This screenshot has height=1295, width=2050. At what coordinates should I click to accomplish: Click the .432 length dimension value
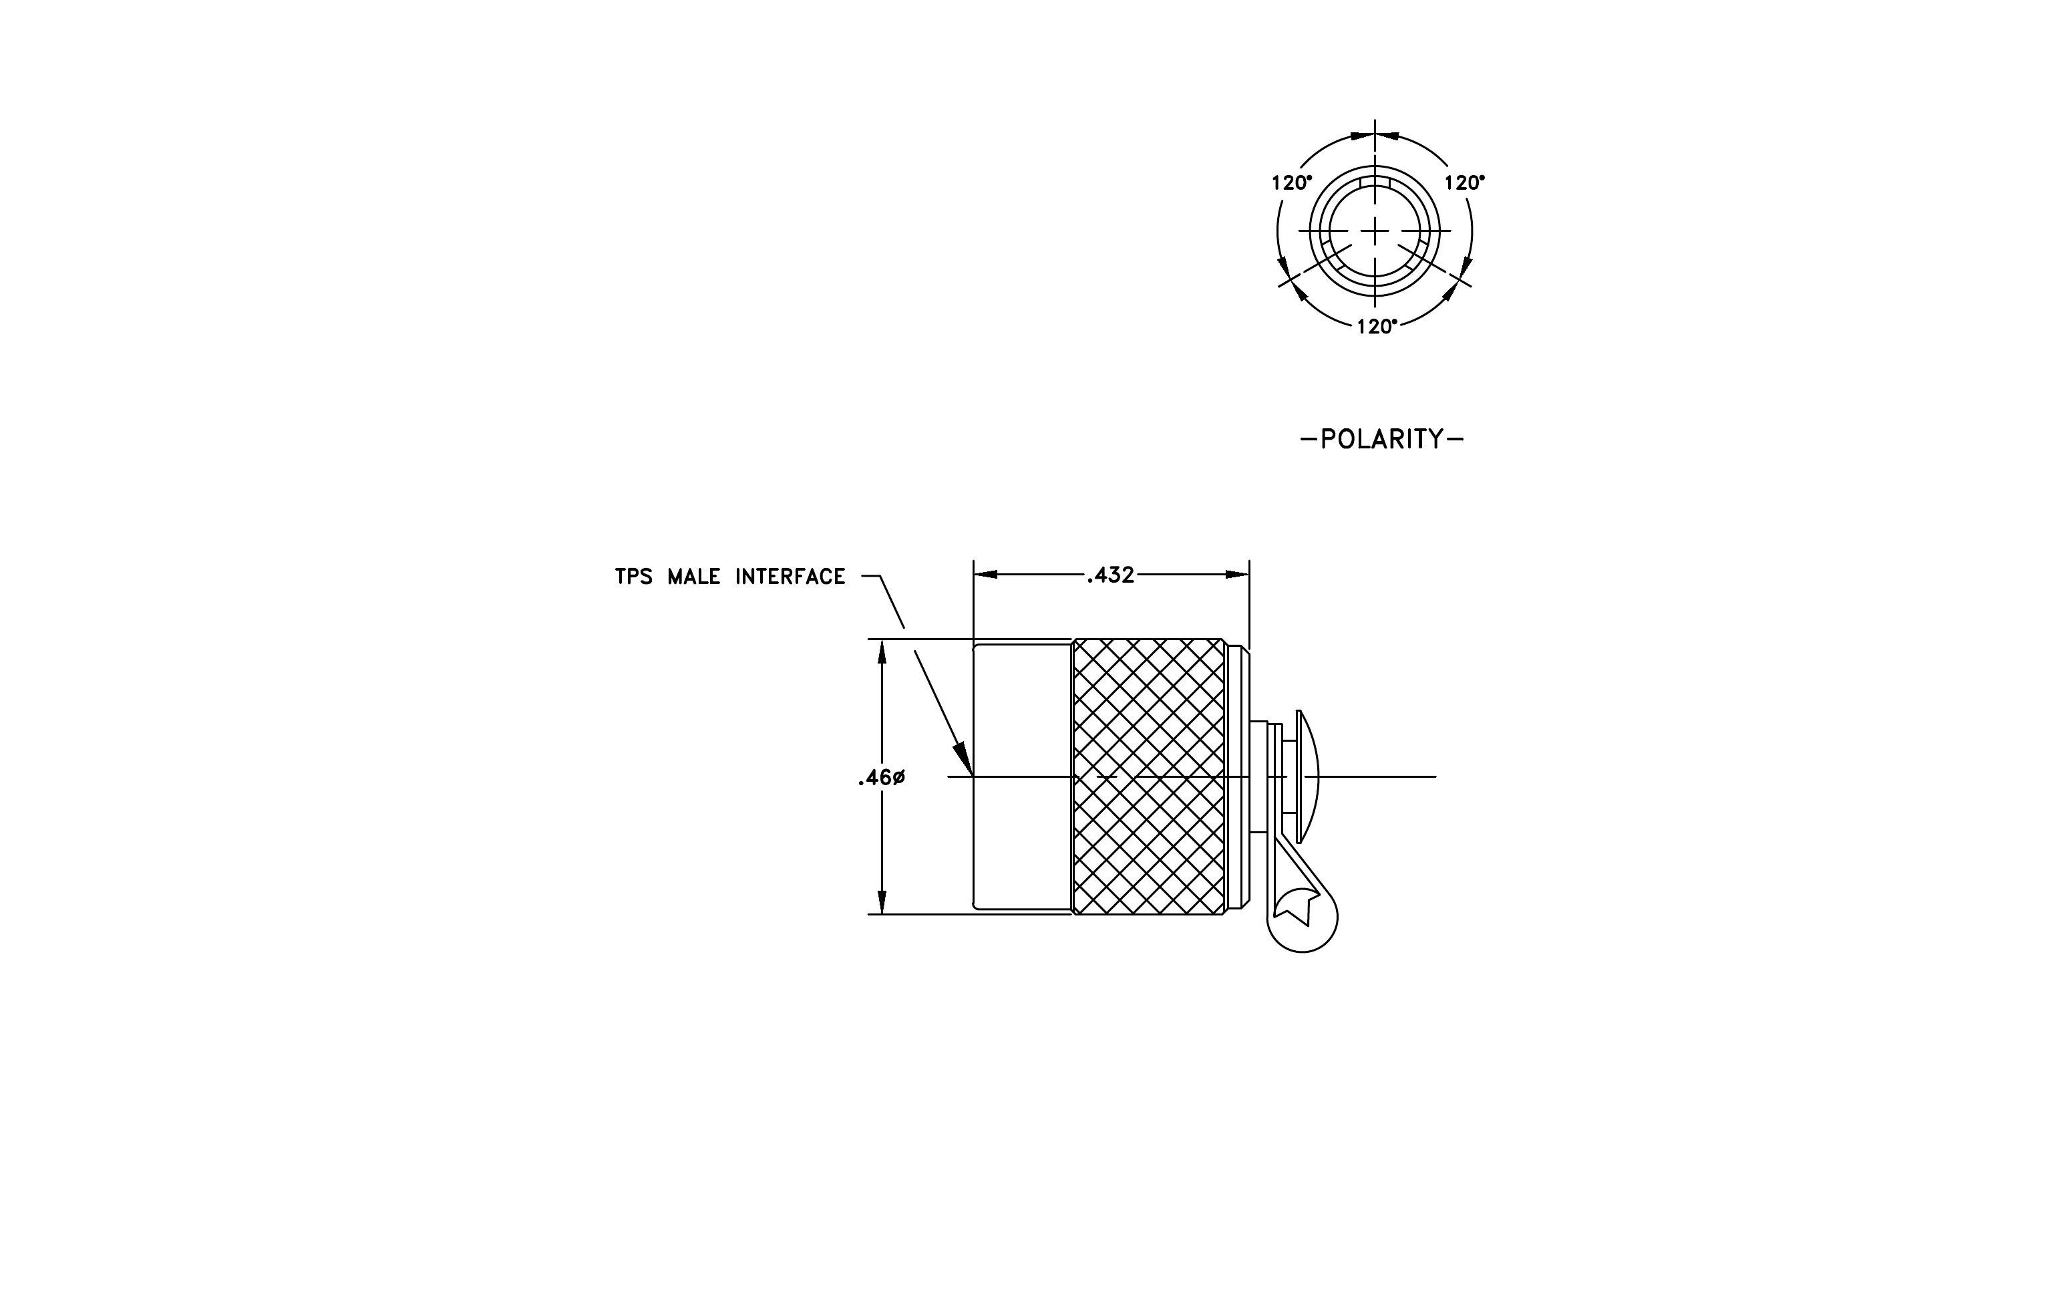tap(1110, 575)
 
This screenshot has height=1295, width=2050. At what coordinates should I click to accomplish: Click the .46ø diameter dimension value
tap(881, 777)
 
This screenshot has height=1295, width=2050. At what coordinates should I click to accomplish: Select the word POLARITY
tap(1383, 439)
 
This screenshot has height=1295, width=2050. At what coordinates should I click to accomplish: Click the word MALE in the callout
tap(694, 577)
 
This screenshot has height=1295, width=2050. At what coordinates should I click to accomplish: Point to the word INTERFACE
tap(790, 577)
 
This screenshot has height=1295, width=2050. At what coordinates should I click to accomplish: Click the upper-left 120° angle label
tap(1291, 182)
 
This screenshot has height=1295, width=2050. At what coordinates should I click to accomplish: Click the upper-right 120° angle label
tap(1464, 182)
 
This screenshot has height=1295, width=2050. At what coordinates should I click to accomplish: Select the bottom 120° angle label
tap(1377, 327)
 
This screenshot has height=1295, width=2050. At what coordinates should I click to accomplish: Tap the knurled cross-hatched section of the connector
tap(1150, 777)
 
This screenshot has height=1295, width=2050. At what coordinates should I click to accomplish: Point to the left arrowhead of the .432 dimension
tap(986, 575)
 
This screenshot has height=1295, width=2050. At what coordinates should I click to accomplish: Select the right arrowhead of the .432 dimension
tap(1238, 575)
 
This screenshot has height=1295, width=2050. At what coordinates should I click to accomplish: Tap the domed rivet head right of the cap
tap(1307, 776)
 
